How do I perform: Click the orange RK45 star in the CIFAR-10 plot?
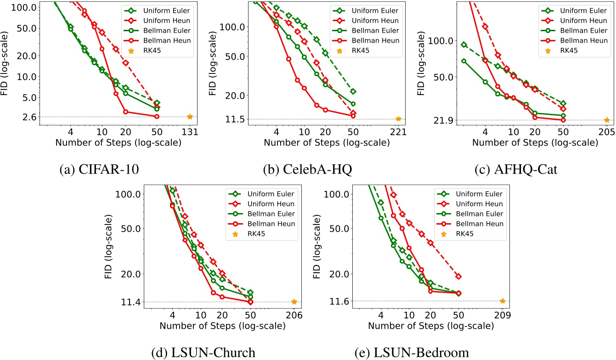[x=190, y=117]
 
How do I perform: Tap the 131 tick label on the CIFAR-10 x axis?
[x=190, y=131]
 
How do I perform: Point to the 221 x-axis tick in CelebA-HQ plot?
[x=398, y=131]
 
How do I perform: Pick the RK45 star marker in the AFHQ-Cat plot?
[x=607, y=120]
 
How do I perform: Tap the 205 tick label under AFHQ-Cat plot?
[x=607, y=131]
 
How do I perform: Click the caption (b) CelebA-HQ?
[x=307, y=169]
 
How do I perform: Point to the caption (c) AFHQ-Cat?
[x=516, y=169]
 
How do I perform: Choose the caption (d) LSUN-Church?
[x=203, y=353]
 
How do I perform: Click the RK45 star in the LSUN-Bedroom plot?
[x=503, y=301]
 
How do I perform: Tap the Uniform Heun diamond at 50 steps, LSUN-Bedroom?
[x=458, y=276]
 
